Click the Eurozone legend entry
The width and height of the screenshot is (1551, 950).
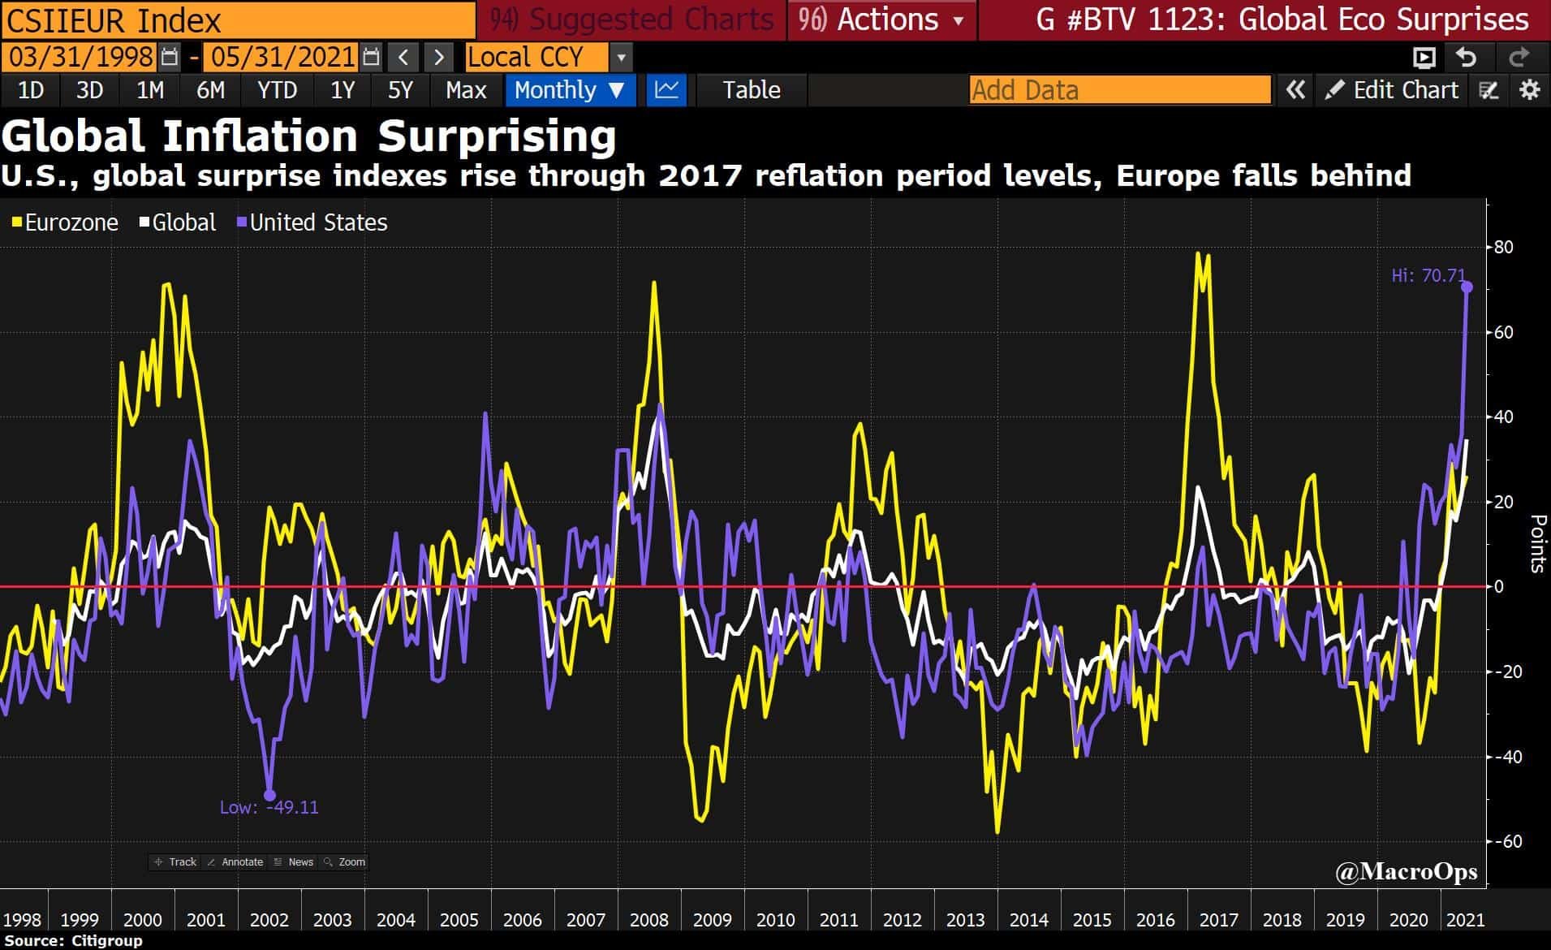coord(66,222)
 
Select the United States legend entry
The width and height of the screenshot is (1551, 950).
coord(312,222)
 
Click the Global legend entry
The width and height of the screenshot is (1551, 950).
coord(179,222)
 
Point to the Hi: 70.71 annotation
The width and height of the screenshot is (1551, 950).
coord(1428,276)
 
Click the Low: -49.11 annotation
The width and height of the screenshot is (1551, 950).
coord(269,807)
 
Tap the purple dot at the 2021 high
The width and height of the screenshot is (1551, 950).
coord(1467,287)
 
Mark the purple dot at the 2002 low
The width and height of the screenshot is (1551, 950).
coord(270,795)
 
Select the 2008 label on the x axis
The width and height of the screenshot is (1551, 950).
coord(648,920)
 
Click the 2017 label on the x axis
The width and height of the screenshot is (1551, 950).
coord(1218,920)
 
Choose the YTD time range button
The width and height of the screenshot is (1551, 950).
coord(277,90)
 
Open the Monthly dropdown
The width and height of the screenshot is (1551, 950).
coord(569,90)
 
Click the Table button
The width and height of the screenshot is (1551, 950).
coord(751,90)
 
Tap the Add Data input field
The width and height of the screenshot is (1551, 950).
coord(1119,90)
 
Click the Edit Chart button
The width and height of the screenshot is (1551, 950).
coord(1391,90)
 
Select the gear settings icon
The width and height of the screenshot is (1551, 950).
coord(1529,90)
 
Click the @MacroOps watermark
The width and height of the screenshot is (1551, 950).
coord(1406,872)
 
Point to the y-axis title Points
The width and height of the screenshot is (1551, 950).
coord(1536,543)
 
